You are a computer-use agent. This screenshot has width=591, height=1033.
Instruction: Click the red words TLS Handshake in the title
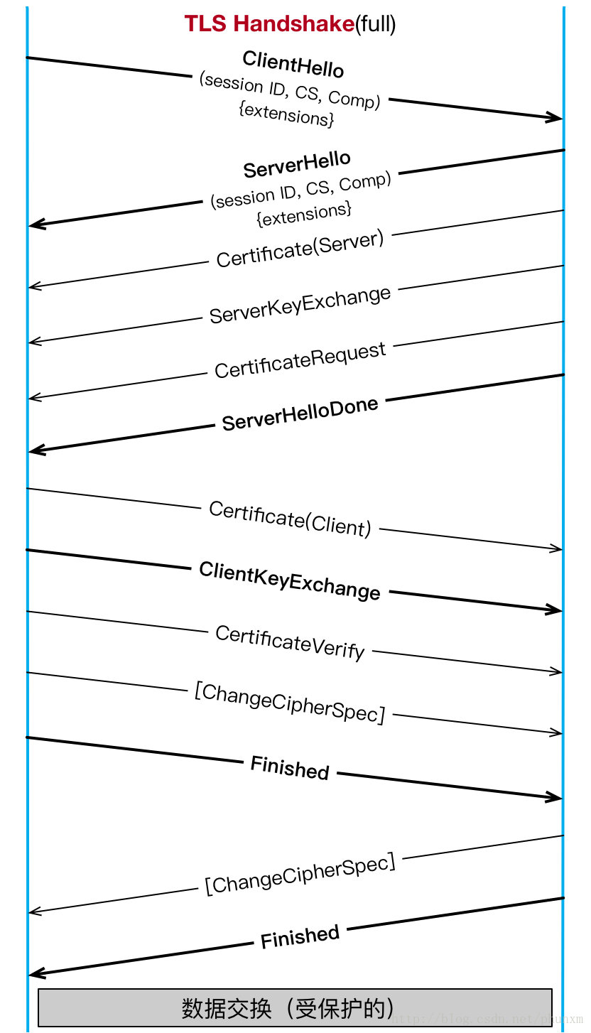(x=269, y=24)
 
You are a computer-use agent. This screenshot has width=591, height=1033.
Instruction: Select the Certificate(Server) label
(x=300, y=249)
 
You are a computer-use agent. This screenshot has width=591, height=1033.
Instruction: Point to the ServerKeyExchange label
(x=300, y=305)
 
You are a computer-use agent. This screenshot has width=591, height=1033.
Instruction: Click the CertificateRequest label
(x=300, y=360)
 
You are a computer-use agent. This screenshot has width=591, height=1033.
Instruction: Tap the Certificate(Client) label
(x=290, y=519)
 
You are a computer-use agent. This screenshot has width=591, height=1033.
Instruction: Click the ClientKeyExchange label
(x=290, y=580)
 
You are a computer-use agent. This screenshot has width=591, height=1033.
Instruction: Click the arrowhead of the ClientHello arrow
(x=555, y=118)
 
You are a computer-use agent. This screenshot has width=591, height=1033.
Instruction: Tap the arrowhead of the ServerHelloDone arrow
(x=36, y=450)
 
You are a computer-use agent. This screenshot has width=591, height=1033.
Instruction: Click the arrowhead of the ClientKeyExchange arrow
(x=555, y=610)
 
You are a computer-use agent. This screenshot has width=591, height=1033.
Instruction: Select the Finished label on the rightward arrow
(x=290, y=768)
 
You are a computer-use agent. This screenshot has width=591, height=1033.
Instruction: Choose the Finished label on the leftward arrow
(x=300, y=937)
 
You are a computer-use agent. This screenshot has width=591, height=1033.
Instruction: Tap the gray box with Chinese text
(x=295, y=1007)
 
